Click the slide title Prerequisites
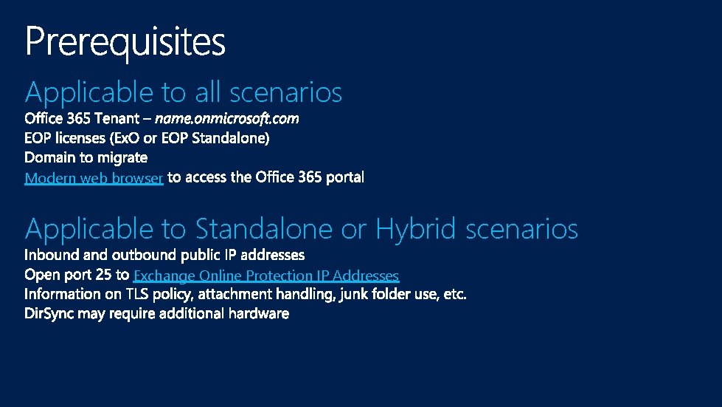tap(125, 42)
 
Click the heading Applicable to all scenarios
tap(184, 93)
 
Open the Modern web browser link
tap(94, 178)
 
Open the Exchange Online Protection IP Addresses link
tap(266, 276)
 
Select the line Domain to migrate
tap(86, 157)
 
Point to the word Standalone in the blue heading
tap(263, 229)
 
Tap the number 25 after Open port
tap(104, 275)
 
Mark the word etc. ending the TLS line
tap(454, 294)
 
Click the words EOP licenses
tap(65, 138)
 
